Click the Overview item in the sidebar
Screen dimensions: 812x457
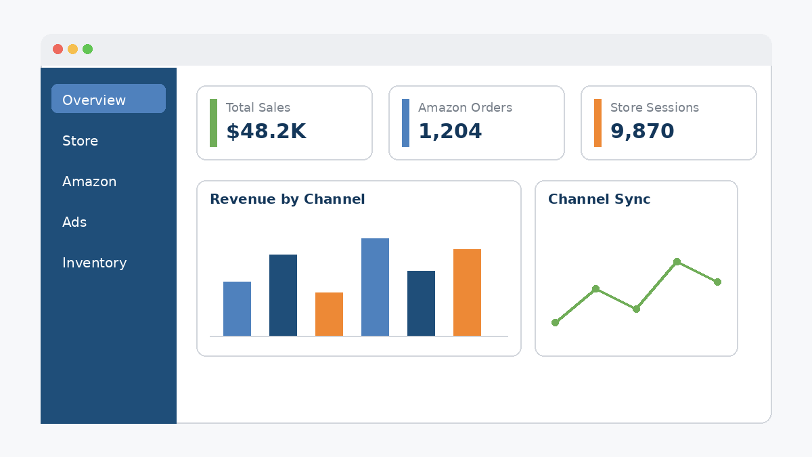108,99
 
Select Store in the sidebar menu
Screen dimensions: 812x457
80,141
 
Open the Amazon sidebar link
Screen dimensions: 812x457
89,181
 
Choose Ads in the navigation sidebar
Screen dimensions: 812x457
74,222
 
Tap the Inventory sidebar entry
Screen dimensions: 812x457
94,263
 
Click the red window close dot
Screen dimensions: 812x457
58,49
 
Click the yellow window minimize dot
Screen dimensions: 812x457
72,49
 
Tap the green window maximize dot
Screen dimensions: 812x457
88,49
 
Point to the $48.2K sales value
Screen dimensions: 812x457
266,131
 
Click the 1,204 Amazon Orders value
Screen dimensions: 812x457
450,131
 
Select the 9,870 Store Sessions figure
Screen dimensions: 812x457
642,131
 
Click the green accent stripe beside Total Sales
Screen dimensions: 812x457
214,123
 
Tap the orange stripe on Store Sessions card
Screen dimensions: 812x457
597,123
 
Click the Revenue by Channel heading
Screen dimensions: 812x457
287,199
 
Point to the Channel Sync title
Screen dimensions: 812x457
599,199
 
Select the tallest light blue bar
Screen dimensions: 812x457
375,287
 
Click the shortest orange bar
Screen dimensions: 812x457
329,314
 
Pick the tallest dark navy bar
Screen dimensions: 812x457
283,295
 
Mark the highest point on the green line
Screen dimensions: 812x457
677,261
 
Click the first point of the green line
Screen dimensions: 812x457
555,322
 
